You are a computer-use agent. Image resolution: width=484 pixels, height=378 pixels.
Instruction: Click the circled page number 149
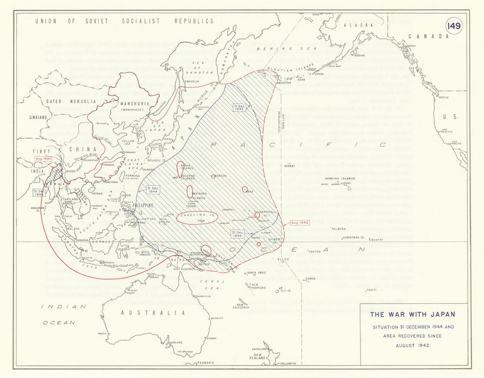[454, 26]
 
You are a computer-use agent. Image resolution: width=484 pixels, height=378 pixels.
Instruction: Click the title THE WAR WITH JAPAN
[412, 314]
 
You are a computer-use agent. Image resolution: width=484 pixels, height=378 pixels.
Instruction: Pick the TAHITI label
[371, 289]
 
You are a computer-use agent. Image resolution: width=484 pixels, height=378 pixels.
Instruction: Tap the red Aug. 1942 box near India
[43, 159]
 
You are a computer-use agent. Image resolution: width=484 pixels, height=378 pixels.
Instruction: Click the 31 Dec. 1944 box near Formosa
[153, 190]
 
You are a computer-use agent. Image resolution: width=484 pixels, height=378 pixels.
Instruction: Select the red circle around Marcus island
[213, 176]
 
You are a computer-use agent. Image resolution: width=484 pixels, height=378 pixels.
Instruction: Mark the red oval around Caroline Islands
[197, 217]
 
